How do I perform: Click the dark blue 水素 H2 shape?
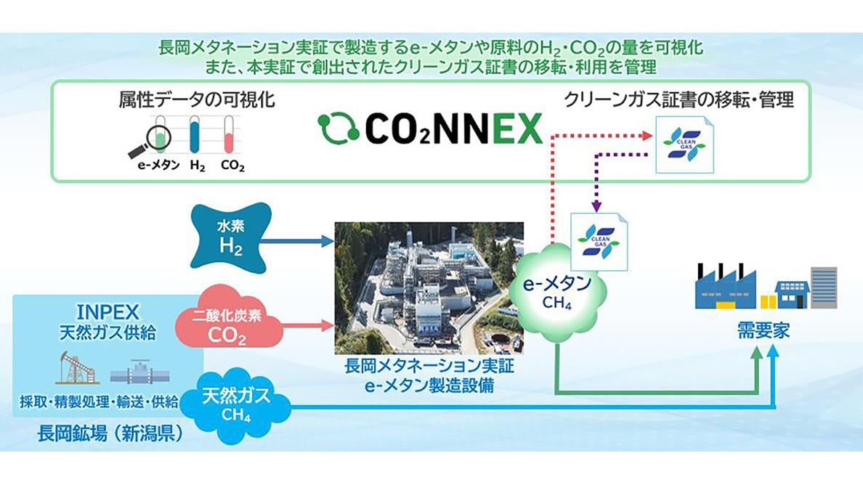[230, 237]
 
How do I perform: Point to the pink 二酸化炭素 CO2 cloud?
[227, 324]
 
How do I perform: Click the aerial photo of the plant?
[429, 288]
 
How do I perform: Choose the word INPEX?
[108, 312]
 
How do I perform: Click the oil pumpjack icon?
[78, 367]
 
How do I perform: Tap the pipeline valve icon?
[139, 372]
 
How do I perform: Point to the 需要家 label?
[763, 330]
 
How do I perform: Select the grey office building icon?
[824, 287]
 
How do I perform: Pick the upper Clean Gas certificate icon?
[685, 145]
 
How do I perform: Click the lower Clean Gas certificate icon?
[599, 242]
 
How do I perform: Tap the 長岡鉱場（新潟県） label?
[110, 434]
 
